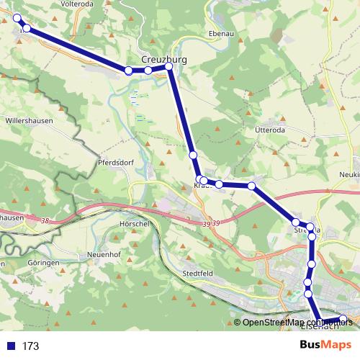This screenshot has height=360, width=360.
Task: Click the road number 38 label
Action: pyautogui.click(x=48, y=220)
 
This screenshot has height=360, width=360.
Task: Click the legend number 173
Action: pyautogui.click(x=30, y=346)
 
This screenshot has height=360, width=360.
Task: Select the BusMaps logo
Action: pyautogui.click(x=325, y=346)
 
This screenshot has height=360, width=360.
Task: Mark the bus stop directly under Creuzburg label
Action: pyautogui.click(x=169, y=67)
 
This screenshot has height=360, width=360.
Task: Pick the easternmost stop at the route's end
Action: pyautogui.click(x=343, y=319)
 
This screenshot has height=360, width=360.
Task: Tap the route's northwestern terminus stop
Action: pyautogui.click(x=17, y=19)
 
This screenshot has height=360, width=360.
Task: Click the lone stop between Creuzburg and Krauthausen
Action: pyautogui.click(x=193, y=155)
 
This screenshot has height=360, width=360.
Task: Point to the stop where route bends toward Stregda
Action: pyautogui.click(x=252, y=186)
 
